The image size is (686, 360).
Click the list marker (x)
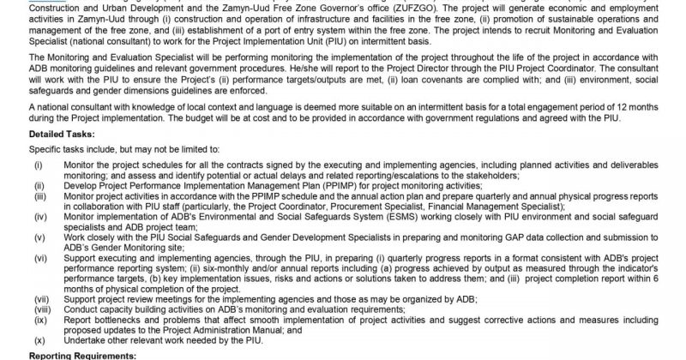tap(39, 340)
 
